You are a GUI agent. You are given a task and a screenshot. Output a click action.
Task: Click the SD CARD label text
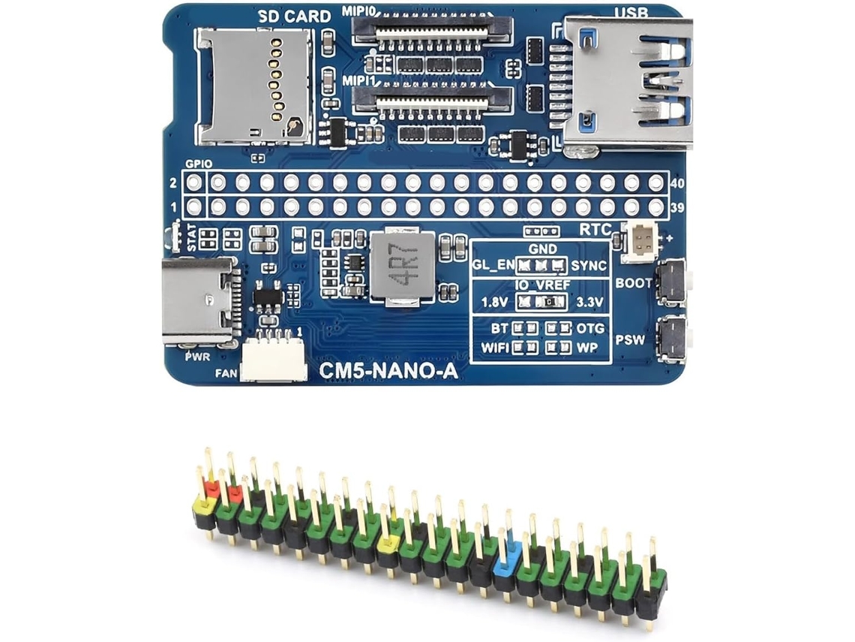coord(295,17)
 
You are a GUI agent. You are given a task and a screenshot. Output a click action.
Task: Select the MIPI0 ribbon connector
coord(433,33)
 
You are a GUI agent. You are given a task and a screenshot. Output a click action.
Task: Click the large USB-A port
coord(627,83)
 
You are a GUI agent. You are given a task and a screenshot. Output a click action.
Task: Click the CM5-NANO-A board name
coord(388,371)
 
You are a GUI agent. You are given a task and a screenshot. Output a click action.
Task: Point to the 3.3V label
coord(590,302)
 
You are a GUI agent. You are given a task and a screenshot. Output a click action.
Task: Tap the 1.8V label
coord(494,302)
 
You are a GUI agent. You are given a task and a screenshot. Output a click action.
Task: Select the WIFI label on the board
coord(494,347)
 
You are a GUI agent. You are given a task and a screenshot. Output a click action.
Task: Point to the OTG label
coord(590,328)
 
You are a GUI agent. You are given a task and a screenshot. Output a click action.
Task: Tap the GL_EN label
coord(493,265)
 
